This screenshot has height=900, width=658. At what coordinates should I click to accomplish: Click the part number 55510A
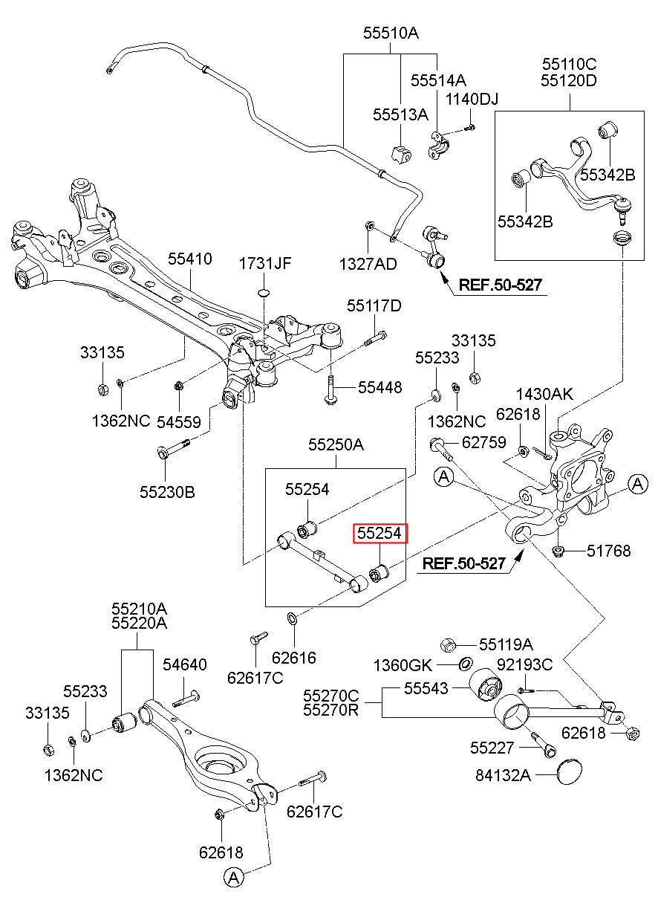pyautogui.click(x=391, y=33)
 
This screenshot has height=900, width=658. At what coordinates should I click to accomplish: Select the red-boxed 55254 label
pyautogui.click(x=380, y=533)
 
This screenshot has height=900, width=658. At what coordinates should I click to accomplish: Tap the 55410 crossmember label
pyautogui.click(x=189, y=259)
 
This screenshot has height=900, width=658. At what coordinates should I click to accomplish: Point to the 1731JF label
pyautogui.click(x=265, y=264)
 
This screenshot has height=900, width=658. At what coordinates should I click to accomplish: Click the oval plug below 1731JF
pyautogui.click(x=264, y=292)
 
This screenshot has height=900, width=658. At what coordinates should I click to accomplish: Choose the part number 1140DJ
pyautogui.click(x=472, y=99)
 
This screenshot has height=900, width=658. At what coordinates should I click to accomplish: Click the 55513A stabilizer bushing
pyautogui.click(x=401, y=154)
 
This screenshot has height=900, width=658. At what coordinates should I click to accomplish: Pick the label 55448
pyautogui.click(x=380, y=387)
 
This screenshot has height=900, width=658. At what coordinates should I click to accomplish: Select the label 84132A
pyautogui.click(x=504, y=775)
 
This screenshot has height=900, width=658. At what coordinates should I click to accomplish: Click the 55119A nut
pyautogui.click(x=448, y=645)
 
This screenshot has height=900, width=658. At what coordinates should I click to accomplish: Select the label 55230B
pyautogui.click(x=167, y=492)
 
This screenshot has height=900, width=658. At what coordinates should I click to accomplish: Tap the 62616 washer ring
pyautogui.click(x=292, y=619)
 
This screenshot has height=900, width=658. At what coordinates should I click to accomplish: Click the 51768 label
pyautogui.click(x=609, y=551)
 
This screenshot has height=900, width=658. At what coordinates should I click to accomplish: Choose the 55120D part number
pyautogui.click(x=568, y=81)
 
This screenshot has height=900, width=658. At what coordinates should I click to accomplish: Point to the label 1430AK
pyautogui.click(x=545, y=394)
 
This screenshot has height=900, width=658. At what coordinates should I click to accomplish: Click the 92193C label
pyautogui.click(x=525, y=664)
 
